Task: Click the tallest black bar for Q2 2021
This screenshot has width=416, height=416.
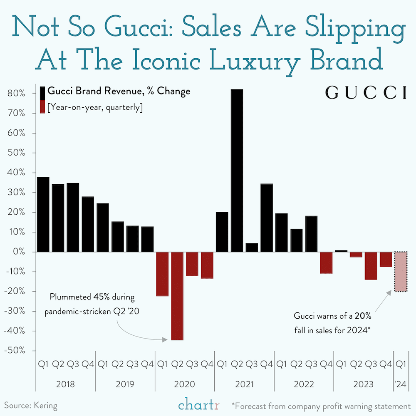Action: (237, 171)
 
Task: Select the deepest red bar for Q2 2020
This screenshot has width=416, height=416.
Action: (177, 296)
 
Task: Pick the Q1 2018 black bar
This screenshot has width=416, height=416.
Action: (43, 214)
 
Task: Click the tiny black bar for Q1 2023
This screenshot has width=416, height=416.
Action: (341, 251)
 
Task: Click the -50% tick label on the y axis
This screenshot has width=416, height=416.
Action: (16, 351)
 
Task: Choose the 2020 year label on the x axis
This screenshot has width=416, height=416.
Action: (185, 384)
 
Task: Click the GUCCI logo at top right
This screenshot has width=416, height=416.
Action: (366, 93)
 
